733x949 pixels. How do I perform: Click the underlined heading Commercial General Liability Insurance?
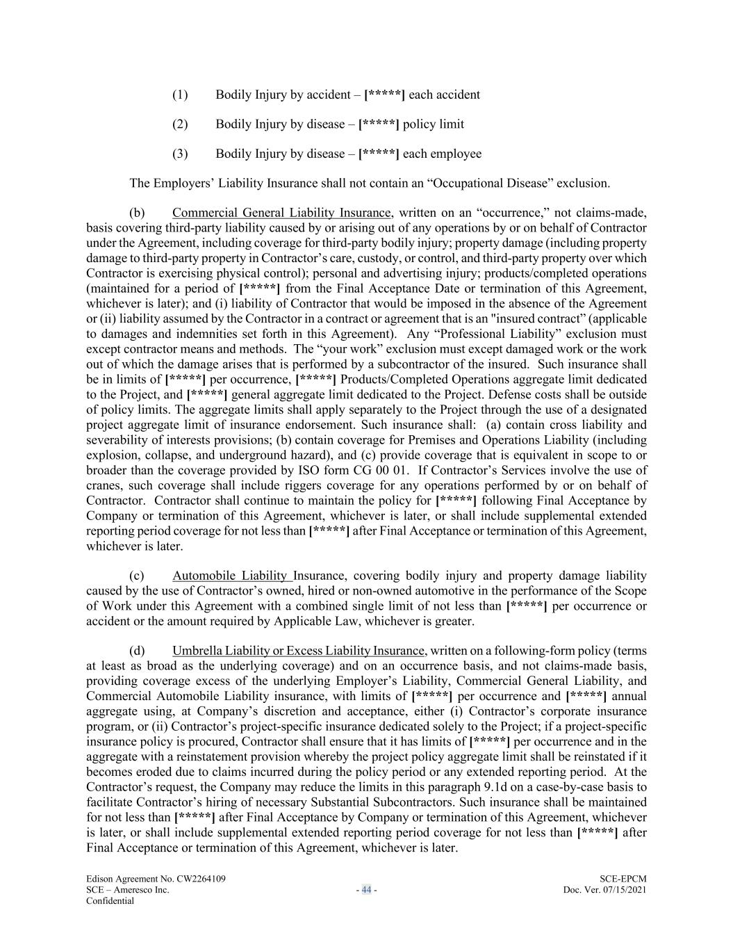point(281,213)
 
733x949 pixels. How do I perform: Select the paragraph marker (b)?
point(137,213)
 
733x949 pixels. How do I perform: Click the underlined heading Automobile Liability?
point(231,576)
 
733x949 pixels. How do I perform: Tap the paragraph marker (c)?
point(137,576)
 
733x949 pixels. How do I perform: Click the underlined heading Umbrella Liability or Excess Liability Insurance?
point(298,651)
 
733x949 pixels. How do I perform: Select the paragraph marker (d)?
point(137,651)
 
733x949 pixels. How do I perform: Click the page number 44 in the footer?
point(366,890)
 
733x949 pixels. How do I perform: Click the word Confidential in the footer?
point(110,901)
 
